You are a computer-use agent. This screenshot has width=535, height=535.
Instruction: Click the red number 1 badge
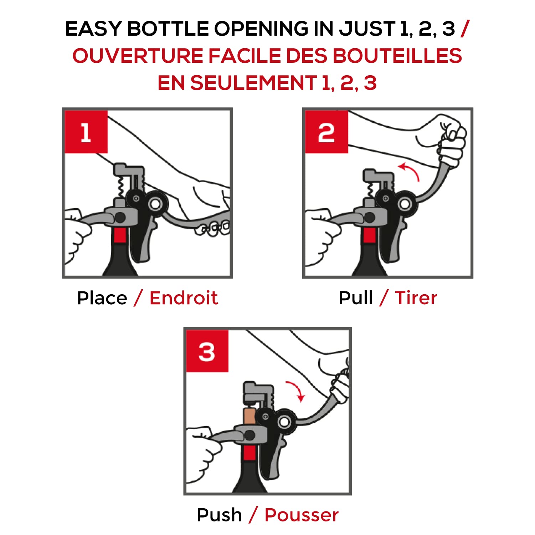pos(86,132)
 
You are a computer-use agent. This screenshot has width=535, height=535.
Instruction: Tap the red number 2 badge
pos(326,132)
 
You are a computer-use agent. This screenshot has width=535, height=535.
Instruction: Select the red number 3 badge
pos(207,351)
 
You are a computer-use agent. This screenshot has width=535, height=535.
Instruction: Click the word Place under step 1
pos(102,298)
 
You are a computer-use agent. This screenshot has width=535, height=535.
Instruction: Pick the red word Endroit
pos(184,298)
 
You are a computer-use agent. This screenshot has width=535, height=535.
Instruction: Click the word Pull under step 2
pos(356,298)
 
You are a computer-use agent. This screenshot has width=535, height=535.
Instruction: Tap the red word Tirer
pos(416,298)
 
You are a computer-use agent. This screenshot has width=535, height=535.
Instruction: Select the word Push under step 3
pos(219,515)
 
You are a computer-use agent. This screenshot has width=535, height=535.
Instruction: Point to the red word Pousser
pos(302,515)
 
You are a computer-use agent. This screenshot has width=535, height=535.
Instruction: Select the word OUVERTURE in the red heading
pos(138,56)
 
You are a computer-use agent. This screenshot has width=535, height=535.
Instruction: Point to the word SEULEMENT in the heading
pos(253,83)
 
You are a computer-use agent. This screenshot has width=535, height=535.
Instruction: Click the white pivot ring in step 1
pos(155,204)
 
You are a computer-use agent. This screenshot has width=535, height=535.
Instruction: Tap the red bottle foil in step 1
pos(120,235)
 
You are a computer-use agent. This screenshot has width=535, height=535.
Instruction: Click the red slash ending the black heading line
pos(465,29)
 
